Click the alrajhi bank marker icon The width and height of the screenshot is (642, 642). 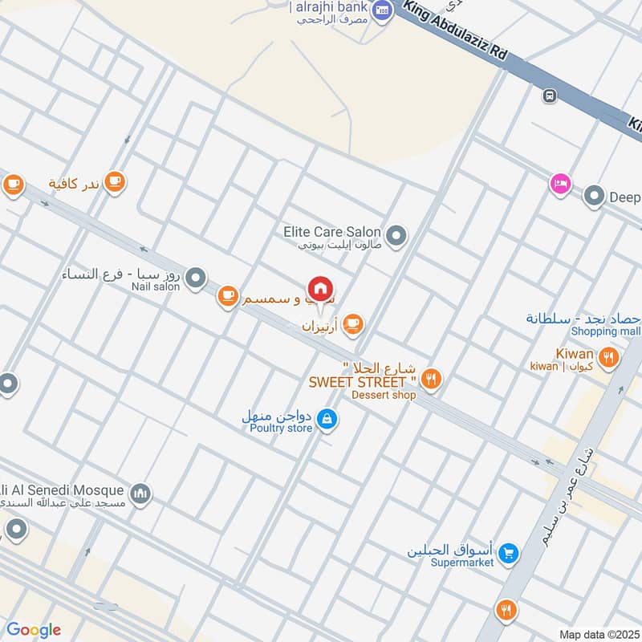click(382, 9)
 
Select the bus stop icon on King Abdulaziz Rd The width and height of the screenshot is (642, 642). click(550, 95)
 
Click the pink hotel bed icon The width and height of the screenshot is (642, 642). click(560, 184)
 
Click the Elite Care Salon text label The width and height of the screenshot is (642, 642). click(331, 231)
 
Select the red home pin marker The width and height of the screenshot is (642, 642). click(320, 290)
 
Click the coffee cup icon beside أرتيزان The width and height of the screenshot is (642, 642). click(351, 324)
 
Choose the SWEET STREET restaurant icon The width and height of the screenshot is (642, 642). click(432, 379)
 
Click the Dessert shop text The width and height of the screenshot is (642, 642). click(384, 395)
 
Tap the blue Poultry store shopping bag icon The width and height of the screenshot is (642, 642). click(327, 418)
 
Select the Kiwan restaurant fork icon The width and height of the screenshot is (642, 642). click(609, 357)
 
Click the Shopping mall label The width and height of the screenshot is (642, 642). click(605, 331)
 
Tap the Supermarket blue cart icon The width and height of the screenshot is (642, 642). click(507, 553)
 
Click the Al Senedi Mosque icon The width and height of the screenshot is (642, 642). click(140, 491)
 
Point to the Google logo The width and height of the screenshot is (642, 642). click(33, 630)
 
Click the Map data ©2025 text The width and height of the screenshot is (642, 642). click(597, 635)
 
